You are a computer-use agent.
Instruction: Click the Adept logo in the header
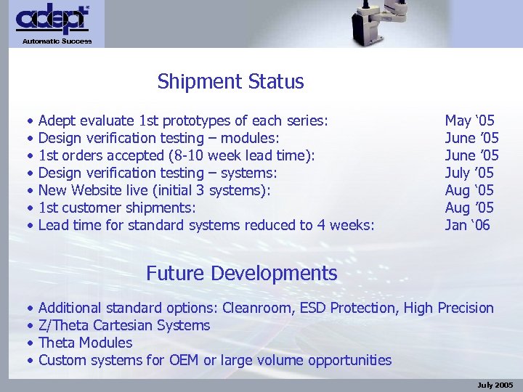(53, 20)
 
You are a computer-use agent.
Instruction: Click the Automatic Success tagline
(57, 41)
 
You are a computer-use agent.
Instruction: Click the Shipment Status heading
(230, 82)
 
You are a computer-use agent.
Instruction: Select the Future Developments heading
(241, 274)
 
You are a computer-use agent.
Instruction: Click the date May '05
(469, 121)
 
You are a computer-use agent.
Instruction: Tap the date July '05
(469, 173)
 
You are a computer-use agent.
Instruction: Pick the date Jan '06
(467, 225)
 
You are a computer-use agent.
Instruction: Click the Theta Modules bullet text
(85, 343)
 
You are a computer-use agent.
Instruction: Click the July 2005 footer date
(495, 384)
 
